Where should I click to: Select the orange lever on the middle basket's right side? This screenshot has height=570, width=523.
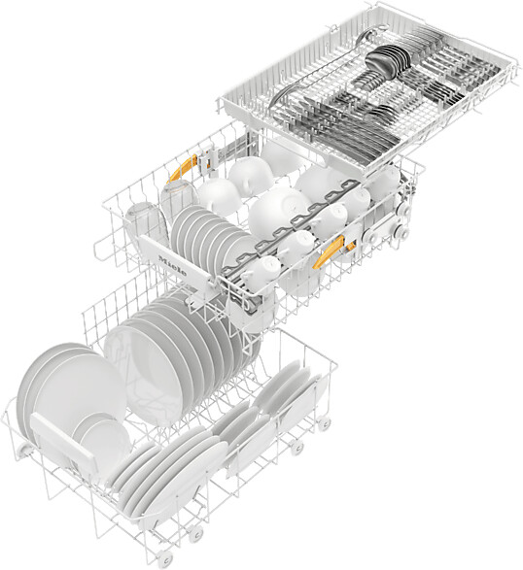tap(331, 251)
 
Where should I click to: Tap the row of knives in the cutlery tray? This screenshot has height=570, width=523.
tap(340, 136)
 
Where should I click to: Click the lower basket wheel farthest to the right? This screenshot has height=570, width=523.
tap(324, 424)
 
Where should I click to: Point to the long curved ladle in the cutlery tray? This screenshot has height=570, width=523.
tap(311, 83)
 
